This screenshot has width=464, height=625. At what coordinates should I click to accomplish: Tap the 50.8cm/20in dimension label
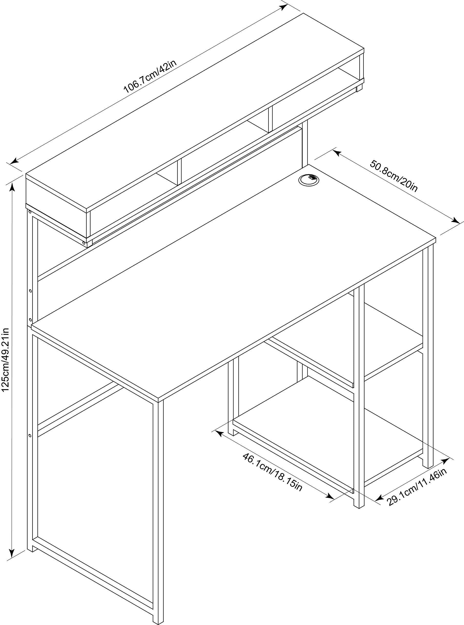click(x=393, y=176)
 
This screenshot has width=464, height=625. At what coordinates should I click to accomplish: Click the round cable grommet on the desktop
click(x=309, y=179)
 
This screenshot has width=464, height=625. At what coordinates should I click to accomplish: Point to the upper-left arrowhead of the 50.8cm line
click(x=337, y=153)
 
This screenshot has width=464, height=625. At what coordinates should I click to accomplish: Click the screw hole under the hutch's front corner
click(x=84, y=242)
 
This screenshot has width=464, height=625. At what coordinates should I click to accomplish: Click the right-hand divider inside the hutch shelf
click(x=270, y=119)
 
